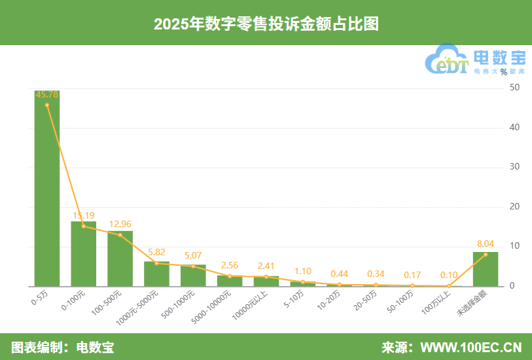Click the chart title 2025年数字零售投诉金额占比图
(x=266, y=24)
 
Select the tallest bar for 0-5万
(x=47, y=190)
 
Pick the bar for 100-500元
(x=120, y=259)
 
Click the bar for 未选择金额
(x=486, y=270)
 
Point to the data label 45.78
(x=47, y=95)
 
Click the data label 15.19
(x=84, y=215)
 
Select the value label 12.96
(x=120, y=224)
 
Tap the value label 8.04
(x=486, y=243)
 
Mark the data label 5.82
(x=157, y=252)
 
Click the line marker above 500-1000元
(x=193, y=266)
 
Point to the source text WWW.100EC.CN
(x=470, y=347)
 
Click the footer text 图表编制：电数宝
(x=62, y=347)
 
